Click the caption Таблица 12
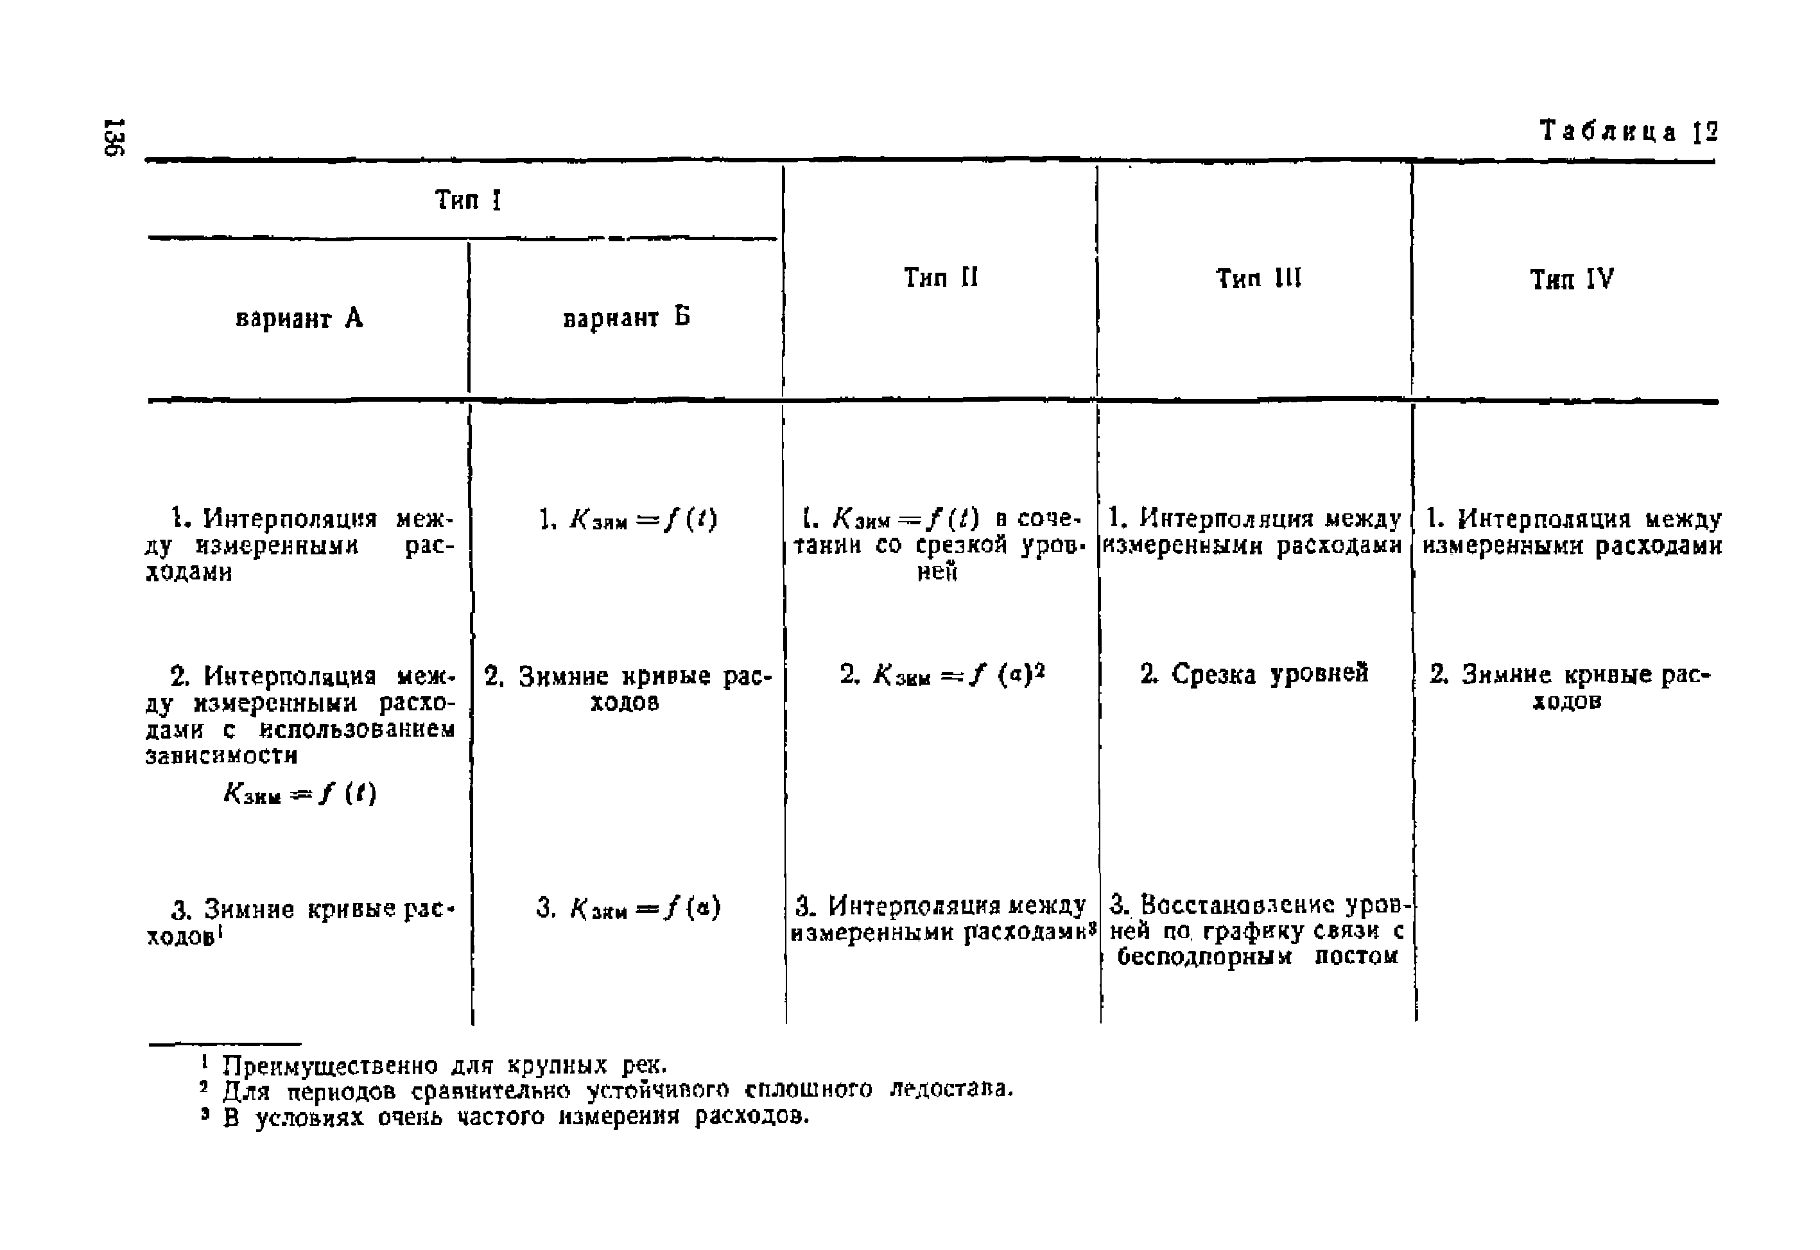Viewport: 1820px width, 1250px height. [1628, 132]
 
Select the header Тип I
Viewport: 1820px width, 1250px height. [468, 200]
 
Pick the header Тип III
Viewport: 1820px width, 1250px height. [1258, 278]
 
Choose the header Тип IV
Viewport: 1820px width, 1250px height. [1572, 279]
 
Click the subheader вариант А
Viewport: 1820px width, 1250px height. [299, 318]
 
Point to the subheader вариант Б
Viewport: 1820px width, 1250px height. [626, 317]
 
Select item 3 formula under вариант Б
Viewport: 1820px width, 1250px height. [628, 908]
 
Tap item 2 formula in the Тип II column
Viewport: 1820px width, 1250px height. [942, 674]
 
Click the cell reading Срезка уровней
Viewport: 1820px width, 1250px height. [1254, 674]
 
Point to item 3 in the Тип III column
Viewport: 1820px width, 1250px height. [1258, 930]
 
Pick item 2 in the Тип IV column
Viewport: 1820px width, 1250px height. [1570, 687]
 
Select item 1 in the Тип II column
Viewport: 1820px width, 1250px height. [939, 544]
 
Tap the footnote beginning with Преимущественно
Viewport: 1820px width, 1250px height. [444, 1065]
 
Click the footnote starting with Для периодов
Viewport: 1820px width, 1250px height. [616, 1090]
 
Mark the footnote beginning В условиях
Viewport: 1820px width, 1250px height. [515, 1116]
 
